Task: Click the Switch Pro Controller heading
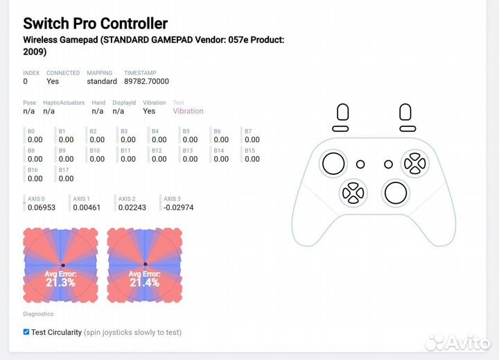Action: pos(96,24)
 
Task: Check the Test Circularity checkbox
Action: pos(26,332)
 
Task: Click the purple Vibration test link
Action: pos(188,111)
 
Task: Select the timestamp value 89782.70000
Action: pos(146,81)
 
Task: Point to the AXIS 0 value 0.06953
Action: pos(44,207)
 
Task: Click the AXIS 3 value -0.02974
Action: pos(178,207)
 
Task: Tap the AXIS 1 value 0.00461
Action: pos(87,207)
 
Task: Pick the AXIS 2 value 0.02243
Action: pos(132,207)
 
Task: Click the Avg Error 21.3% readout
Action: pos(60,280)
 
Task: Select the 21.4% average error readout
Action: pos(144,280)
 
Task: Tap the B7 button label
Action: pos(248,131)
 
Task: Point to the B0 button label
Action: pos(31,131)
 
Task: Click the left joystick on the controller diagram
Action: pos(333,164)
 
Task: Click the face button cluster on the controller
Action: pos(415,164)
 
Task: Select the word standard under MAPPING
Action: pos(102,81)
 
